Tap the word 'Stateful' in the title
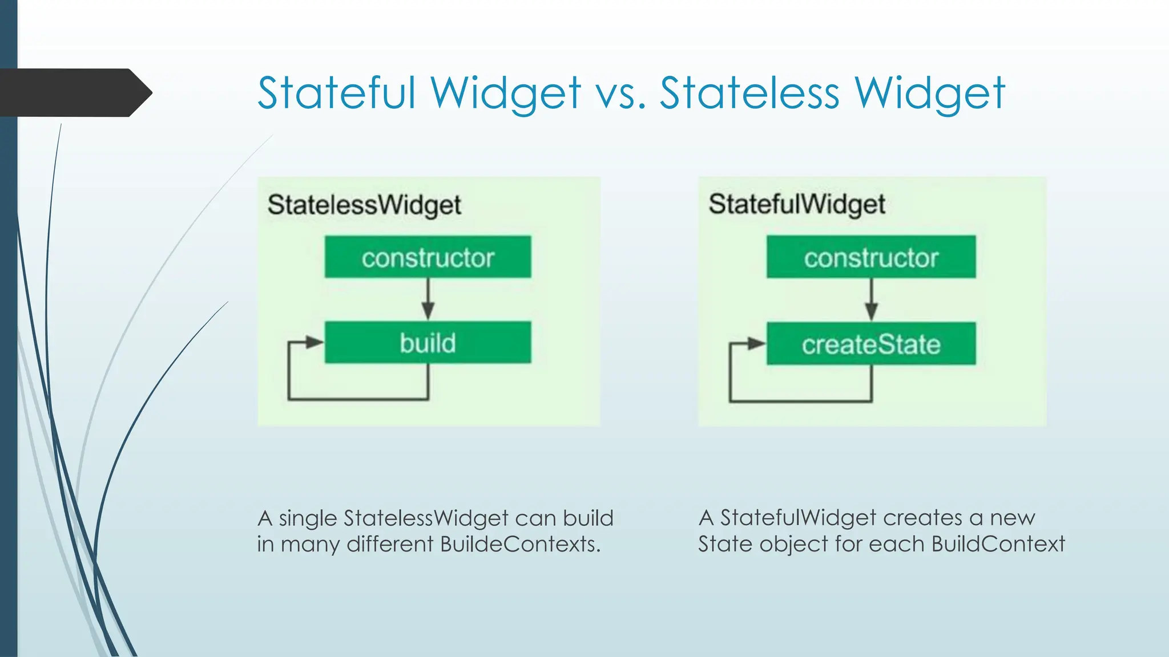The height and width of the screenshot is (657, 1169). click(337, 93)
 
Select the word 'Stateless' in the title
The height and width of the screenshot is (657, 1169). click(749, 93)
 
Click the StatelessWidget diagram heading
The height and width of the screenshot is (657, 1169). click(364, 205)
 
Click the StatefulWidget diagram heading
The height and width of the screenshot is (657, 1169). click(797, 205)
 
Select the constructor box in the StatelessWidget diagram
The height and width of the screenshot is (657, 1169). click(428, 257)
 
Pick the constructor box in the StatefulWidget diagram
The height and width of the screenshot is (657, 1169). click(871, 257)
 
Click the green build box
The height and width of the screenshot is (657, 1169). click(428, 343)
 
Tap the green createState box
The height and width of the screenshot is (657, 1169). click(871, 344)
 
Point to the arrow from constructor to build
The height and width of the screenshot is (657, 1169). click(428, 300)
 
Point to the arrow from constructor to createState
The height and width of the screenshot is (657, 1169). click(871, 301)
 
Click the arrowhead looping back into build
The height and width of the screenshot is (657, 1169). click(314, 342)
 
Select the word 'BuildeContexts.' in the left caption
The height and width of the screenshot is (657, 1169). click(520, 544)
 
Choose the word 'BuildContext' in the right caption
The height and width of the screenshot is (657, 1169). click(998, 544)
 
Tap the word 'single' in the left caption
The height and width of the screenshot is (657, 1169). click(308, 519)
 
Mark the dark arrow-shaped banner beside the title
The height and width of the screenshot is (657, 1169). click(74, 92)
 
